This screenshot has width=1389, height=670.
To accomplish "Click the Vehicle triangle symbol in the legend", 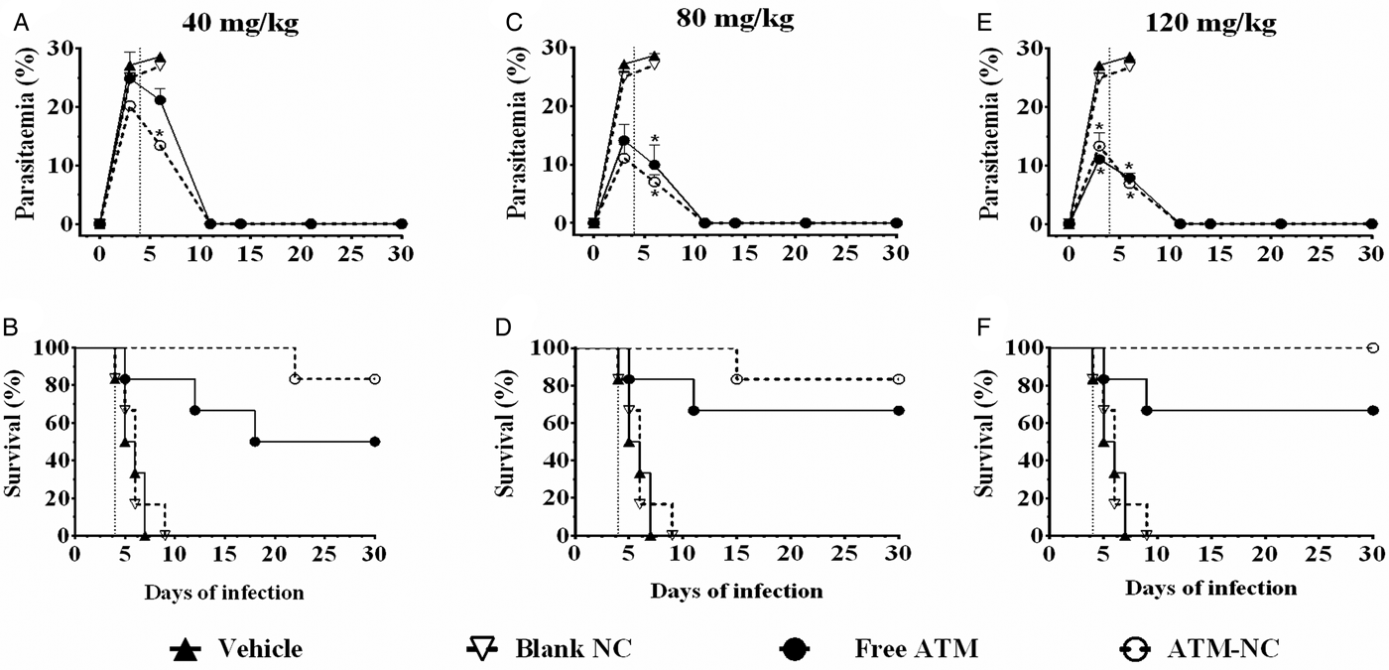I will coord(187,649).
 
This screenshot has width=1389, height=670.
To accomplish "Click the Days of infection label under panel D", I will coord(737,592).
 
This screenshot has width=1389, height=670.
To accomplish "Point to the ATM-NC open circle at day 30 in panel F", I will coord(1373,348).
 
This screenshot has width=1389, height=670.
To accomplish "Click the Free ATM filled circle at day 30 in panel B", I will coord(375,442).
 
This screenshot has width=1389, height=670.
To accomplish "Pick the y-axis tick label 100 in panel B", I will coord(50,348).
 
